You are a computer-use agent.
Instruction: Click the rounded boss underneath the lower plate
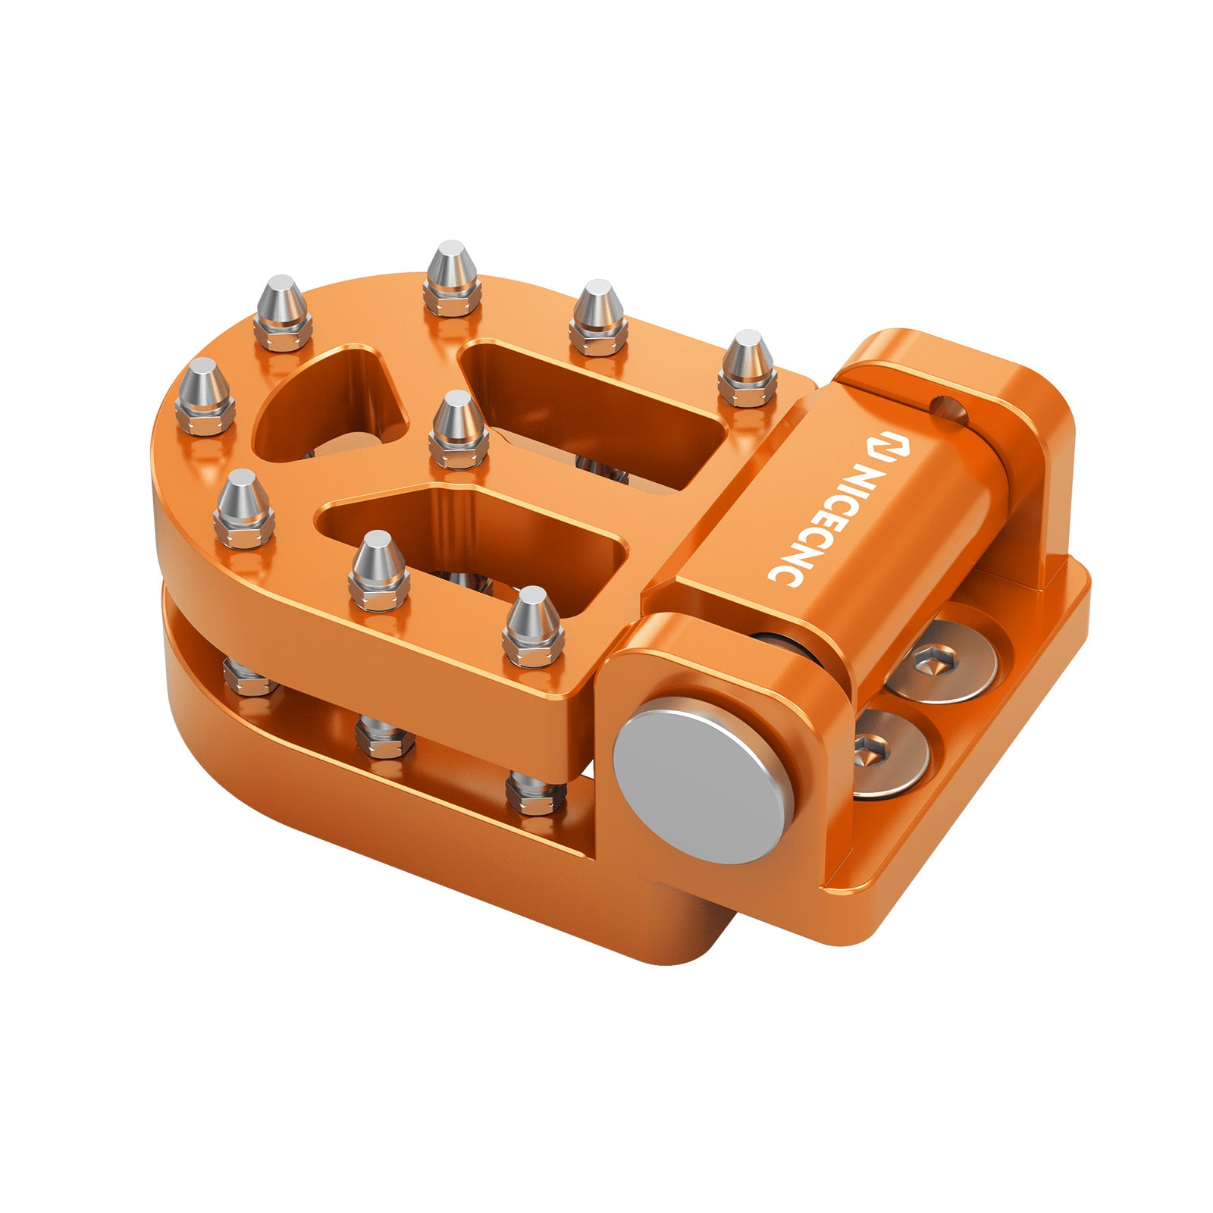pos(667,932)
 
